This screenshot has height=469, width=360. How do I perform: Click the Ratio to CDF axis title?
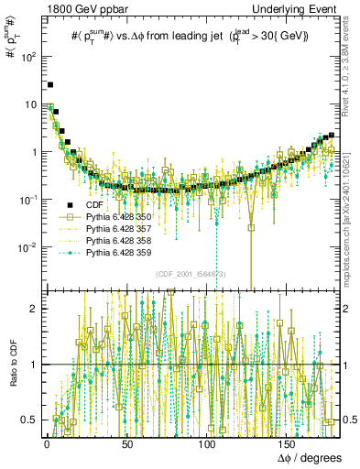(10, 365)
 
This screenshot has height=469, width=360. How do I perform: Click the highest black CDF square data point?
(50, 84)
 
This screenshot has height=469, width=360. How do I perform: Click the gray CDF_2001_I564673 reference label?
(191, 274)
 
